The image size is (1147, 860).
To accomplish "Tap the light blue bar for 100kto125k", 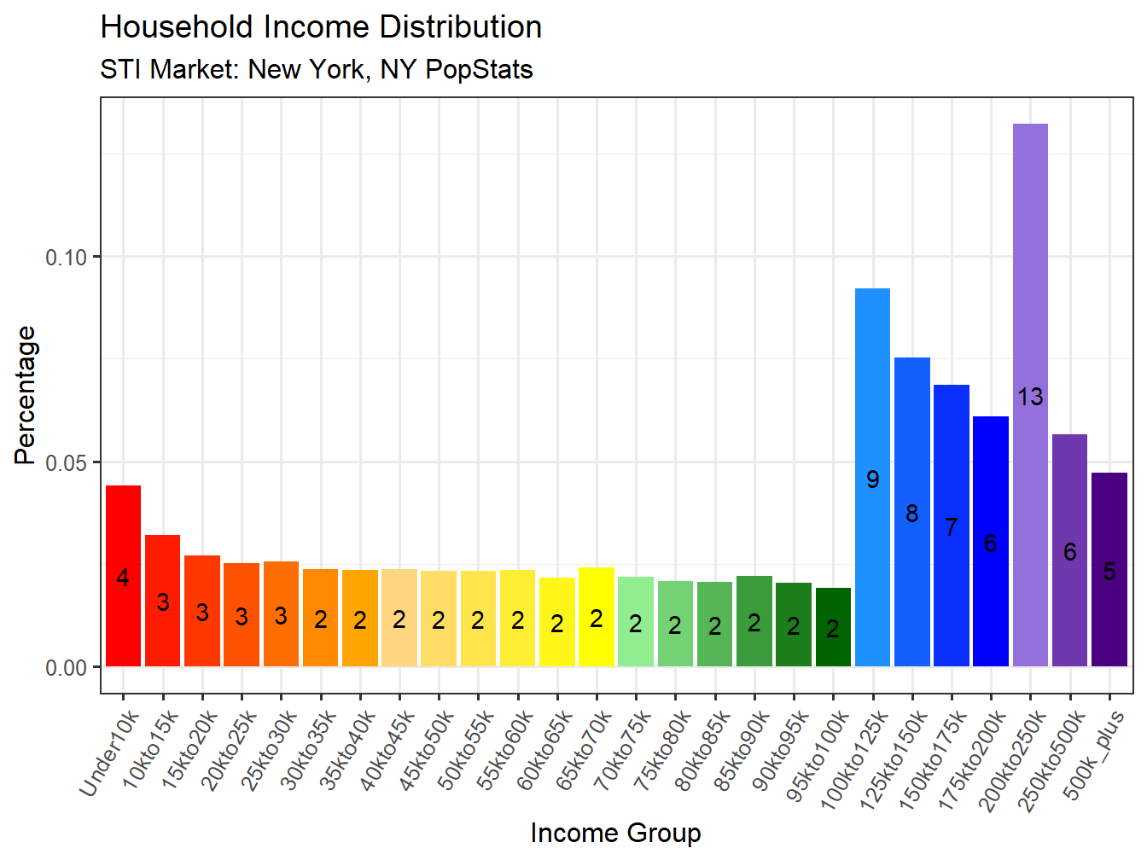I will coord(872,477).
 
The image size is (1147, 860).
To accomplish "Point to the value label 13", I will coord(1030,397).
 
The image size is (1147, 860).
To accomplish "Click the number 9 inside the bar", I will coord(872,479).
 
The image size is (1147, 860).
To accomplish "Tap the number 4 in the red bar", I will coord(123,578).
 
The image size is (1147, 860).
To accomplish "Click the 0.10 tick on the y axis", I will coord(67,257).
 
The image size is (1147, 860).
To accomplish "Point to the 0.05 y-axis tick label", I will coord(67,462).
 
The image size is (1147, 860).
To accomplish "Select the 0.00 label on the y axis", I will coord(67,667).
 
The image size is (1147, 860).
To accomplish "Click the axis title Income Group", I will coord(615,833).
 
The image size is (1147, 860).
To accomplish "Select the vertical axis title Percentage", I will coord(26,395).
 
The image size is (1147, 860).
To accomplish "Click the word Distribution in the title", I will coord(460,27).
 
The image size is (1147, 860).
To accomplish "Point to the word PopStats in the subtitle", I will coord(479,69).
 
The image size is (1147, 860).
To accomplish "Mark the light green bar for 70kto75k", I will coord(635,622).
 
